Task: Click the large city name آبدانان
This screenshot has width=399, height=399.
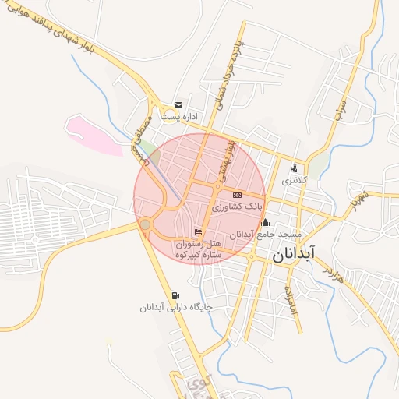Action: tap(295, 254)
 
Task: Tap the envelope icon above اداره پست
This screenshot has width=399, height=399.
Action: tap(179, 104)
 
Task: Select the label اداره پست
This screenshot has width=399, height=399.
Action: tap(181, 116)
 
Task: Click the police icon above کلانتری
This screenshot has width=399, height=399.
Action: tap(294, 168)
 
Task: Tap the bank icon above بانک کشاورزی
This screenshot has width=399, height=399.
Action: tap(238, 195)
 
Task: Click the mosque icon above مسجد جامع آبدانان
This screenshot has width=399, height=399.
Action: tap(265, 223)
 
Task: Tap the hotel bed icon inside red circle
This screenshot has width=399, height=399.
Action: tap(198, 231)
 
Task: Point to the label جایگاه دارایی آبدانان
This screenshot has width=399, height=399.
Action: tap(176, 308)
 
